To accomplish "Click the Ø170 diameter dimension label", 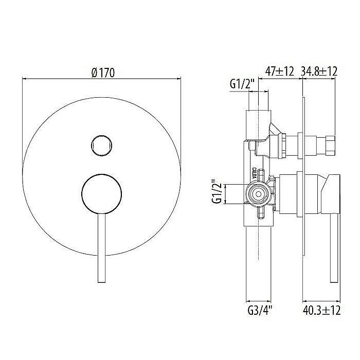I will point(102,73).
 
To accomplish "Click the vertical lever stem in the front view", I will point(101,247).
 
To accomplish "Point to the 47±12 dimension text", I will point(279,72).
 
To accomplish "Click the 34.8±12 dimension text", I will point(319,72).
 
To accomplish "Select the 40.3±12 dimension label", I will point(321,310).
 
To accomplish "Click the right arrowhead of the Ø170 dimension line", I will point(179,79).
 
